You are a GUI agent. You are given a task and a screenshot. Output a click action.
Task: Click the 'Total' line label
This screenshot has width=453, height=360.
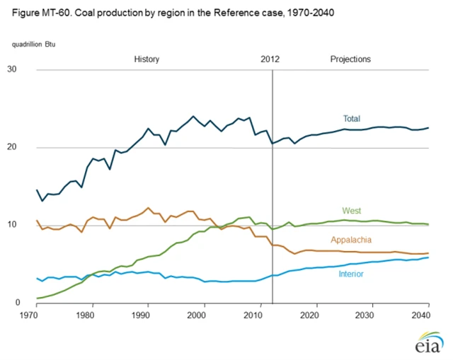click(352, 118)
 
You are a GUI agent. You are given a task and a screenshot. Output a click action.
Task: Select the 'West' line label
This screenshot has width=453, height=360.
click(351, 211)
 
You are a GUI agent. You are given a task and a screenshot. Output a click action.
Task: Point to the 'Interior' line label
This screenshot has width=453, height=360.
click(351, 273)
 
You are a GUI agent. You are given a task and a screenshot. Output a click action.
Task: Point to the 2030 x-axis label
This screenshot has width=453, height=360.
click(365, 314)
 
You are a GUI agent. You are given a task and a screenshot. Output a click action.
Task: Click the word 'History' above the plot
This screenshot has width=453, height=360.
click(147, 59)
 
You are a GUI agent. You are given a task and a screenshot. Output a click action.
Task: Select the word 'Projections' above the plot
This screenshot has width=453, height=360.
click(350, 59)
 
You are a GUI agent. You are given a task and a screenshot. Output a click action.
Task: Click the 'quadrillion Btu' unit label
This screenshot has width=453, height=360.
click(36, 44)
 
